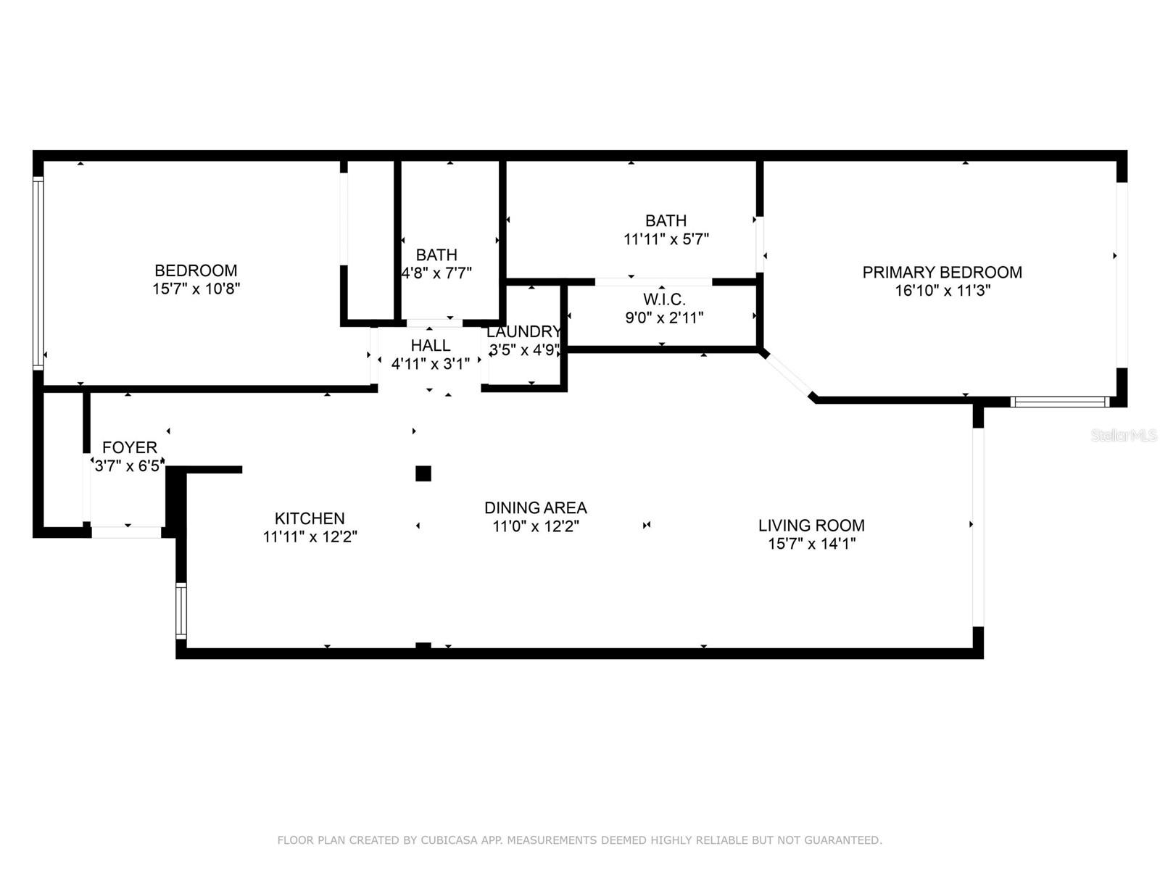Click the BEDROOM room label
pyautogui.click(x=196, y=270)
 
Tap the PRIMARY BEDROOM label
pyautogui.click(x=942, y=272)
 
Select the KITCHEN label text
pyautogui.click(x=310, y=518)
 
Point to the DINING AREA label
pyautogui.click(x=535, y=507)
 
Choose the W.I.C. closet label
pyautogui.click(x=664, y=299)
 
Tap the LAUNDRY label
pyautogui.click(x=523, y=332)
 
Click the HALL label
pyautogui.click(x=430, y=346)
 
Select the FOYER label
pyautogui.click(x=130, y=447)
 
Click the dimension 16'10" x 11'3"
pyautogui.click(x=942, y=291)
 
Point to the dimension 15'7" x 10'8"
pyautogui.click(x=196, y=289)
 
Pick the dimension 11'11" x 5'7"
pyautogui.click(x=666, y=239)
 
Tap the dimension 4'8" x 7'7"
pyautogui.click(x=436, y=273)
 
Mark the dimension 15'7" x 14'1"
pyautogui.click(x=812, y=544)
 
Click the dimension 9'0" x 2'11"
pyautogui.click(x=664, y=318)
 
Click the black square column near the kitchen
pyautogui.click(x=423, y=473)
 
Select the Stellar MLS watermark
pyautogui.click(x=1124, y=435)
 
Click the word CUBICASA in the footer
pyautogui.click(x=449, y=840)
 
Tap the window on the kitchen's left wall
pyautogui.click(x=181, y=611)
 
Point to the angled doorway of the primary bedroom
pyautogui.click(x=789, y=376)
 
